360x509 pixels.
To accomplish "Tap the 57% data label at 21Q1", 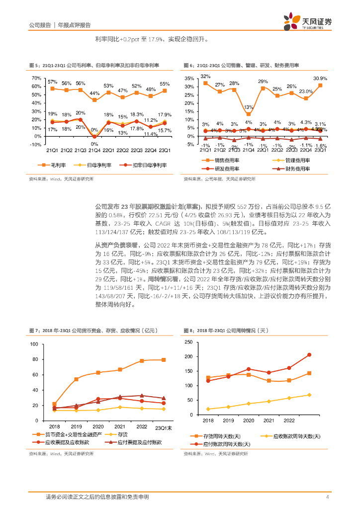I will pyautogui.click(x=52, y=81).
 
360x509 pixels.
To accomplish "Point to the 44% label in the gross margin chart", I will pyautogui.click(x=94, y=93).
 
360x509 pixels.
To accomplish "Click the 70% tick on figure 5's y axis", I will pyautogui.click(x=36, y=79).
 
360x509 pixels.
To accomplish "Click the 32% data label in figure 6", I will pyautogui.click(x=205, y=76).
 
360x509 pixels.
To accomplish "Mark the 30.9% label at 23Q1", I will pyautogui.click(x=320, y=79).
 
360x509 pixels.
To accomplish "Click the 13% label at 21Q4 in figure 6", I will pyautogui.click(x=249, y=107).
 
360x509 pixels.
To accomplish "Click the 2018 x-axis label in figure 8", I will pyautogui.click(x=208, y=420).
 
